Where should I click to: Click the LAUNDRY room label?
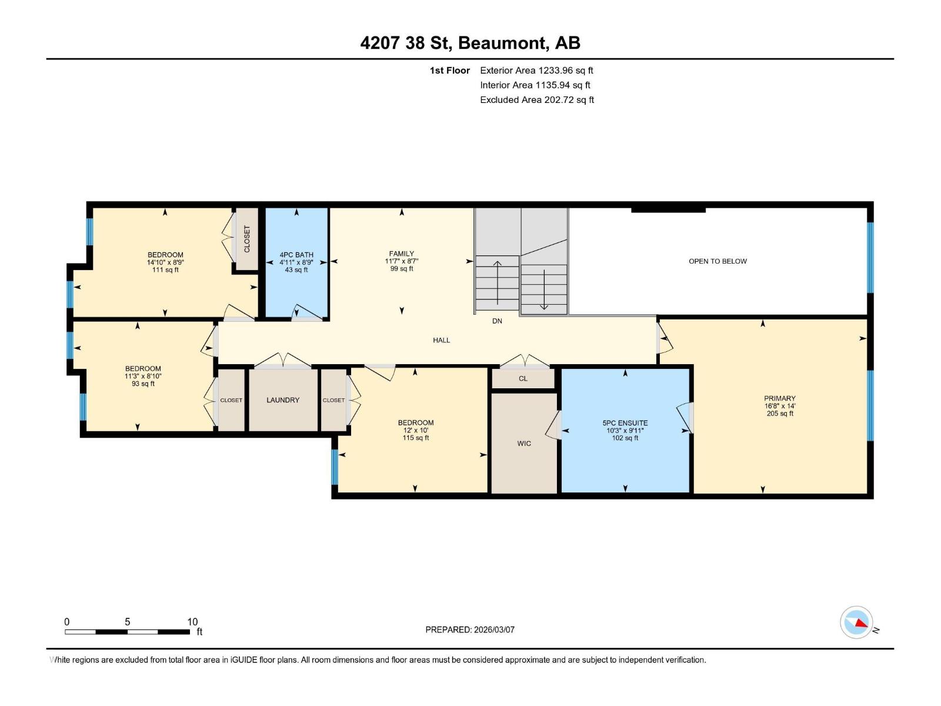click(283, 400)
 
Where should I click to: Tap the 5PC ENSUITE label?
click(625, 423)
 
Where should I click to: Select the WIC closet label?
click(524, 444)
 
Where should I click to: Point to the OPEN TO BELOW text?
click(718, 261)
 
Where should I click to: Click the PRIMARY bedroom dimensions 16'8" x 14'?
click(780, 406)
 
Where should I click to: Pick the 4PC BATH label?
click(296, 255)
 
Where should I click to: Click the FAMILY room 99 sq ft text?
click(402, 269)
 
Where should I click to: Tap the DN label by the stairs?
click(497, 321)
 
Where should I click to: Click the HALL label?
click(442, 340)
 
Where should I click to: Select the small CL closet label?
click(523, 379)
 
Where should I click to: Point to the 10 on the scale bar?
click(192, 622)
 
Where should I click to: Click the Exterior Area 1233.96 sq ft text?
click(536, 71)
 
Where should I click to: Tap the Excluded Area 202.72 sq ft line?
click(536, 100)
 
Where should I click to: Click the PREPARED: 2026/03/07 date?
click(470, 630)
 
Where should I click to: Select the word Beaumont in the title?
click(502, 43)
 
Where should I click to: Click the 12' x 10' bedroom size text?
click(416, 431)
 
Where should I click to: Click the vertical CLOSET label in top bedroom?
click(247, 239)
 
